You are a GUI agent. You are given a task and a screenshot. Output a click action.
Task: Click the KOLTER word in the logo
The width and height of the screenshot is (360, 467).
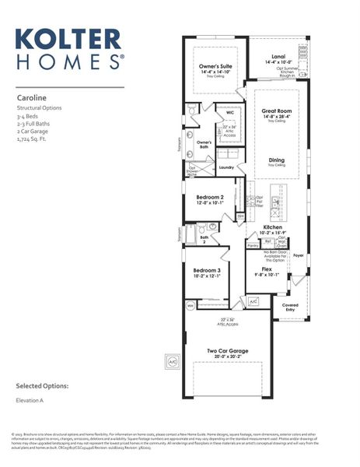(x=68, y=40)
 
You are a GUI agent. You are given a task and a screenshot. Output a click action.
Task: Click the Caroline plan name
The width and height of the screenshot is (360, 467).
(x=33, y=98)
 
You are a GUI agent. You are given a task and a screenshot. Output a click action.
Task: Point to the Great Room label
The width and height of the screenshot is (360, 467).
(x=276, y=112)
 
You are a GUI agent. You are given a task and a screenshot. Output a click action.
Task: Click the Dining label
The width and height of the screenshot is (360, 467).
(x=276, y=160)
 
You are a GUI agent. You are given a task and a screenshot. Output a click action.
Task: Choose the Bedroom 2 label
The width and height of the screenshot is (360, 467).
(x=209, y=198)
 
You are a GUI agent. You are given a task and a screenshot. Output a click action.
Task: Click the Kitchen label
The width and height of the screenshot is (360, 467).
(x=272, y=227)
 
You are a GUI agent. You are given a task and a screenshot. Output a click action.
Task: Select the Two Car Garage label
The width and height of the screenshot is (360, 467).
(x=228, y=351)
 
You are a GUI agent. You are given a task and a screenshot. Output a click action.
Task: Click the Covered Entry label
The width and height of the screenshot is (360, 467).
(x=290, y=307)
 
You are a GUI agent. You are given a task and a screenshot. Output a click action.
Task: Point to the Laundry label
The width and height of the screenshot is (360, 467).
(x=226, y=167)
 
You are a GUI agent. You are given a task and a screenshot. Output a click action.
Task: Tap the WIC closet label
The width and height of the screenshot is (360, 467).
(x=230, y=111)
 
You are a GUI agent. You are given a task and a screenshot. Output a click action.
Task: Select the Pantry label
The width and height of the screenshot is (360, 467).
(x=252, y=245)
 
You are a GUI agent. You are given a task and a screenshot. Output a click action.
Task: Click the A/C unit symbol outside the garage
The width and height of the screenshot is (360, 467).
(x=173, y=360)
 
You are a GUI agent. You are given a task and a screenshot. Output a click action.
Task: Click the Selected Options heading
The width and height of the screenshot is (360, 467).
(x=43, y=386)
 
